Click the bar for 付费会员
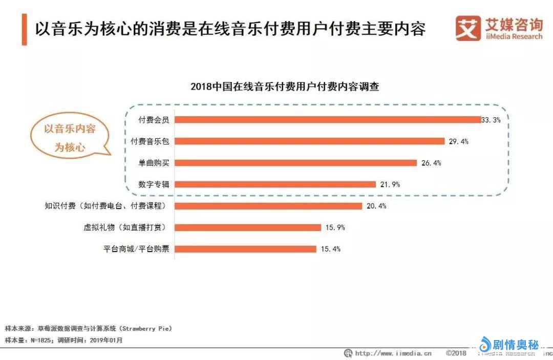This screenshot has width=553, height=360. (x=328, y=119)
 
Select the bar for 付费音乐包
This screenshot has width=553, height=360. (x=310, y=141)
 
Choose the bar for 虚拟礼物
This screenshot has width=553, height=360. (x=248, y=227)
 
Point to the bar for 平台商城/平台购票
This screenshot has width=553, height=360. (x=246, y=249)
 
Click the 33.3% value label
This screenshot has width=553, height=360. (x=491, y=120)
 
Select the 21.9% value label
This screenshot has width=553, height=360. (x=390, y=184)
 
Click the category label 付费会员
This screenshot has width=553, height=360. (x=154, y=120)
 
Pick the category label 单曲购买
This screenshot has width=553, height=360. (x=154, y=163)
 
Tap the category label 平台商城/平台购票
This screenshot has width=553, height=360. (x=136, y=249)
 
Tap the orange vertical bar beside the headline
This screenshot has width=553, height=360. (x=24, y=29)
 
